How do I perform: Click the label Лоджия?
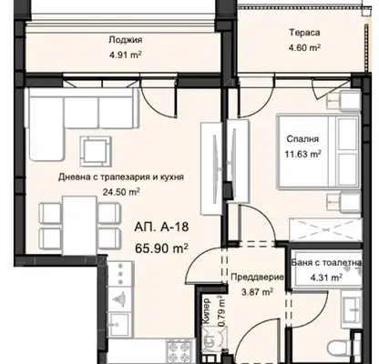pos(126,40)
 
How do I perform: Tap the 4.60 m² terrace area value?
pos(305,47)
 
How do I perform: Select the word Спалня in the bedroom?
pos(302,139)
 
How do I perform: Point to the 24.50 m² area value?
pos(121,192)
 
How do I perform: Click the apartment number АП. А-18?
pos(161,227)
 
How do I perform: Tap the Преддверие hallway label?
pos(258,278)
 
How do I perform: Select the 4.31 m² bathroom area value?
pos(325,277)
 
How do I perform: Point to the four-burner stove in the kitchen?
pos(179,351)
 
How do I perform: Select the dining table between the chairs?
pos(79,226)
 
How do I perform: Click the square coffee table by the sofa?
pos(96,151)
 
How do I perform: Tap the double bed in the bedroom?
pos(318,152)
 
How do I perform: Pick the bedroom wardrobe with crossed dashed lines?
pos(325,230)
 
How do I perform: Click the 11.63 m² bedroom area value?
pos(302,154)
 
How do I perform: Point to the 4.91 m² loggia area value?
pos(126,55)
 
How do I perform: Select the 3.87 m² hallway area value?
pos(257,292)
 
